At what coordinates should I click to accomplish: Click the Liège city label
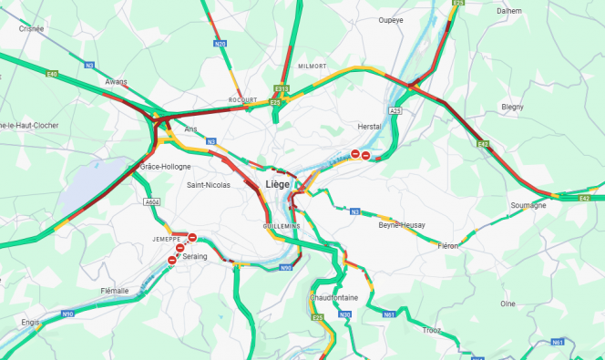(x=277, y=184)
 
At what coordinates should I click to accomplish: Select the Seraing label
(x=195, y=257)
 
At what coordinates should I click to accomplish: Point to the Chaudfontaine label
(x=333, y=297)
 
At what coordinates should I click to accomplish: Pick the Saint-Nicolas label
(x=209, y=185)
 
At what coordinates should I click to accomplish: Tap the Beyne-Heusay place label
(x=402, y=224)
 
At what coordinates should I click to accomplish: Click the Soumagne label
(x=528, y=205)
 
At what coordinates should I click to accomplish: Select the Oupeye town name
(x=391, y=19)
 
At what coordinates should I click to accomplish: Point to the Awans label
(x=116, y=82)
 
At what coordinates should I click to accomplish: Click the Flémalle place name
(x=115, y=291)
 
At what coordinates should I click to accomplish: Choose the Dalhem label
(x=509, y=11)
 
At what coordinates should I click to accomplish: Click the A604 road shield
(x=152, y=202)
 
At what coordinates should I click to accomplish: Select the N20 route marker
(x=220, y=44)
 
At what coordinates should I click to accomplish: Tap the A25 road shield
(x=395, y=110)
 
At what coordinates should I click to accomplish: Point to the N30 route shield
(x=345, y=314)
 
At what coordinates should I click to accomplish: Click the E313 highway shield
(x=282, y=89)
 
